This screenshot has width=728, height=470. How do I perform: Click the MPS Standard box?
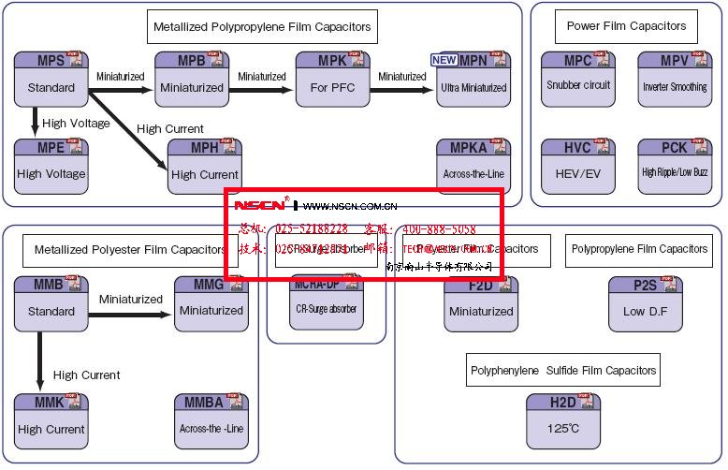[x=51, y=79]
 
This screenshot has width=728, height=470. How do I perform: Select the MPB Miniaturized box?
[x=191, y=79]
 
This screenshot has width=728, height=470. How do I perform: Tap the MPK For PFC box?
[x=333, y=79]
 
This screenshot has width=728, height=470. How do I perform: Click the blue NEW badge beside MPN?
[x=444, y=60]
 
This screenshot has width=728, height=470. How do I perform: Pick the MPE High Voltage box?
[x=51, y=165]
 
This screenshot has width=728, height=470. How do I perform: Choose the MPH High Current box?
[x=204, y=166]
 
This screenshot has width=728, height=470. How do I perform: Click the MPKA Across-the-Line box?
[x=473, y=166]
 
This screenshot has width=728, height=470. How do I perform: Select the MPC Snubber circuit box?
[x=578, y=79]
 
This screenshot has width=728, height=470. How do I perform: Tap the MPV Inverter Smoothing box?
[x=675, y=79]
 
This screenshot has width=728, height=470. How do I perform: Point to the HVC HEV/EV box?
[x=578, y=166]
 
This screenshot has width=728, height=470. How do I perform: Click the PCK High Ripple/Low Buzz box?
[x=675, y=166]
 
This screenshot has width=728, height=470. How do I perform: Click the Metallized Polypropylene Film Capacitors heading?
[x=262, y=27]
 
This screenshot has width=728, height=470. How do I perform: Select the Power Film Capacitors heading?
[x=626, y=25]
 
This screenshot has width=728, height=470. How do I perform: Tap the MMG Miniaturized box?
[x=211, y=302]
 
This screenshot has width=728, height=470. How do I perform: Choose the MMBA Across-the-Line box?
[x=211, y=420]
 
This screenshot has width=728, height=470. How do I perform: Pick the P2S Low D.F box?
[x=646, y=303]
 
